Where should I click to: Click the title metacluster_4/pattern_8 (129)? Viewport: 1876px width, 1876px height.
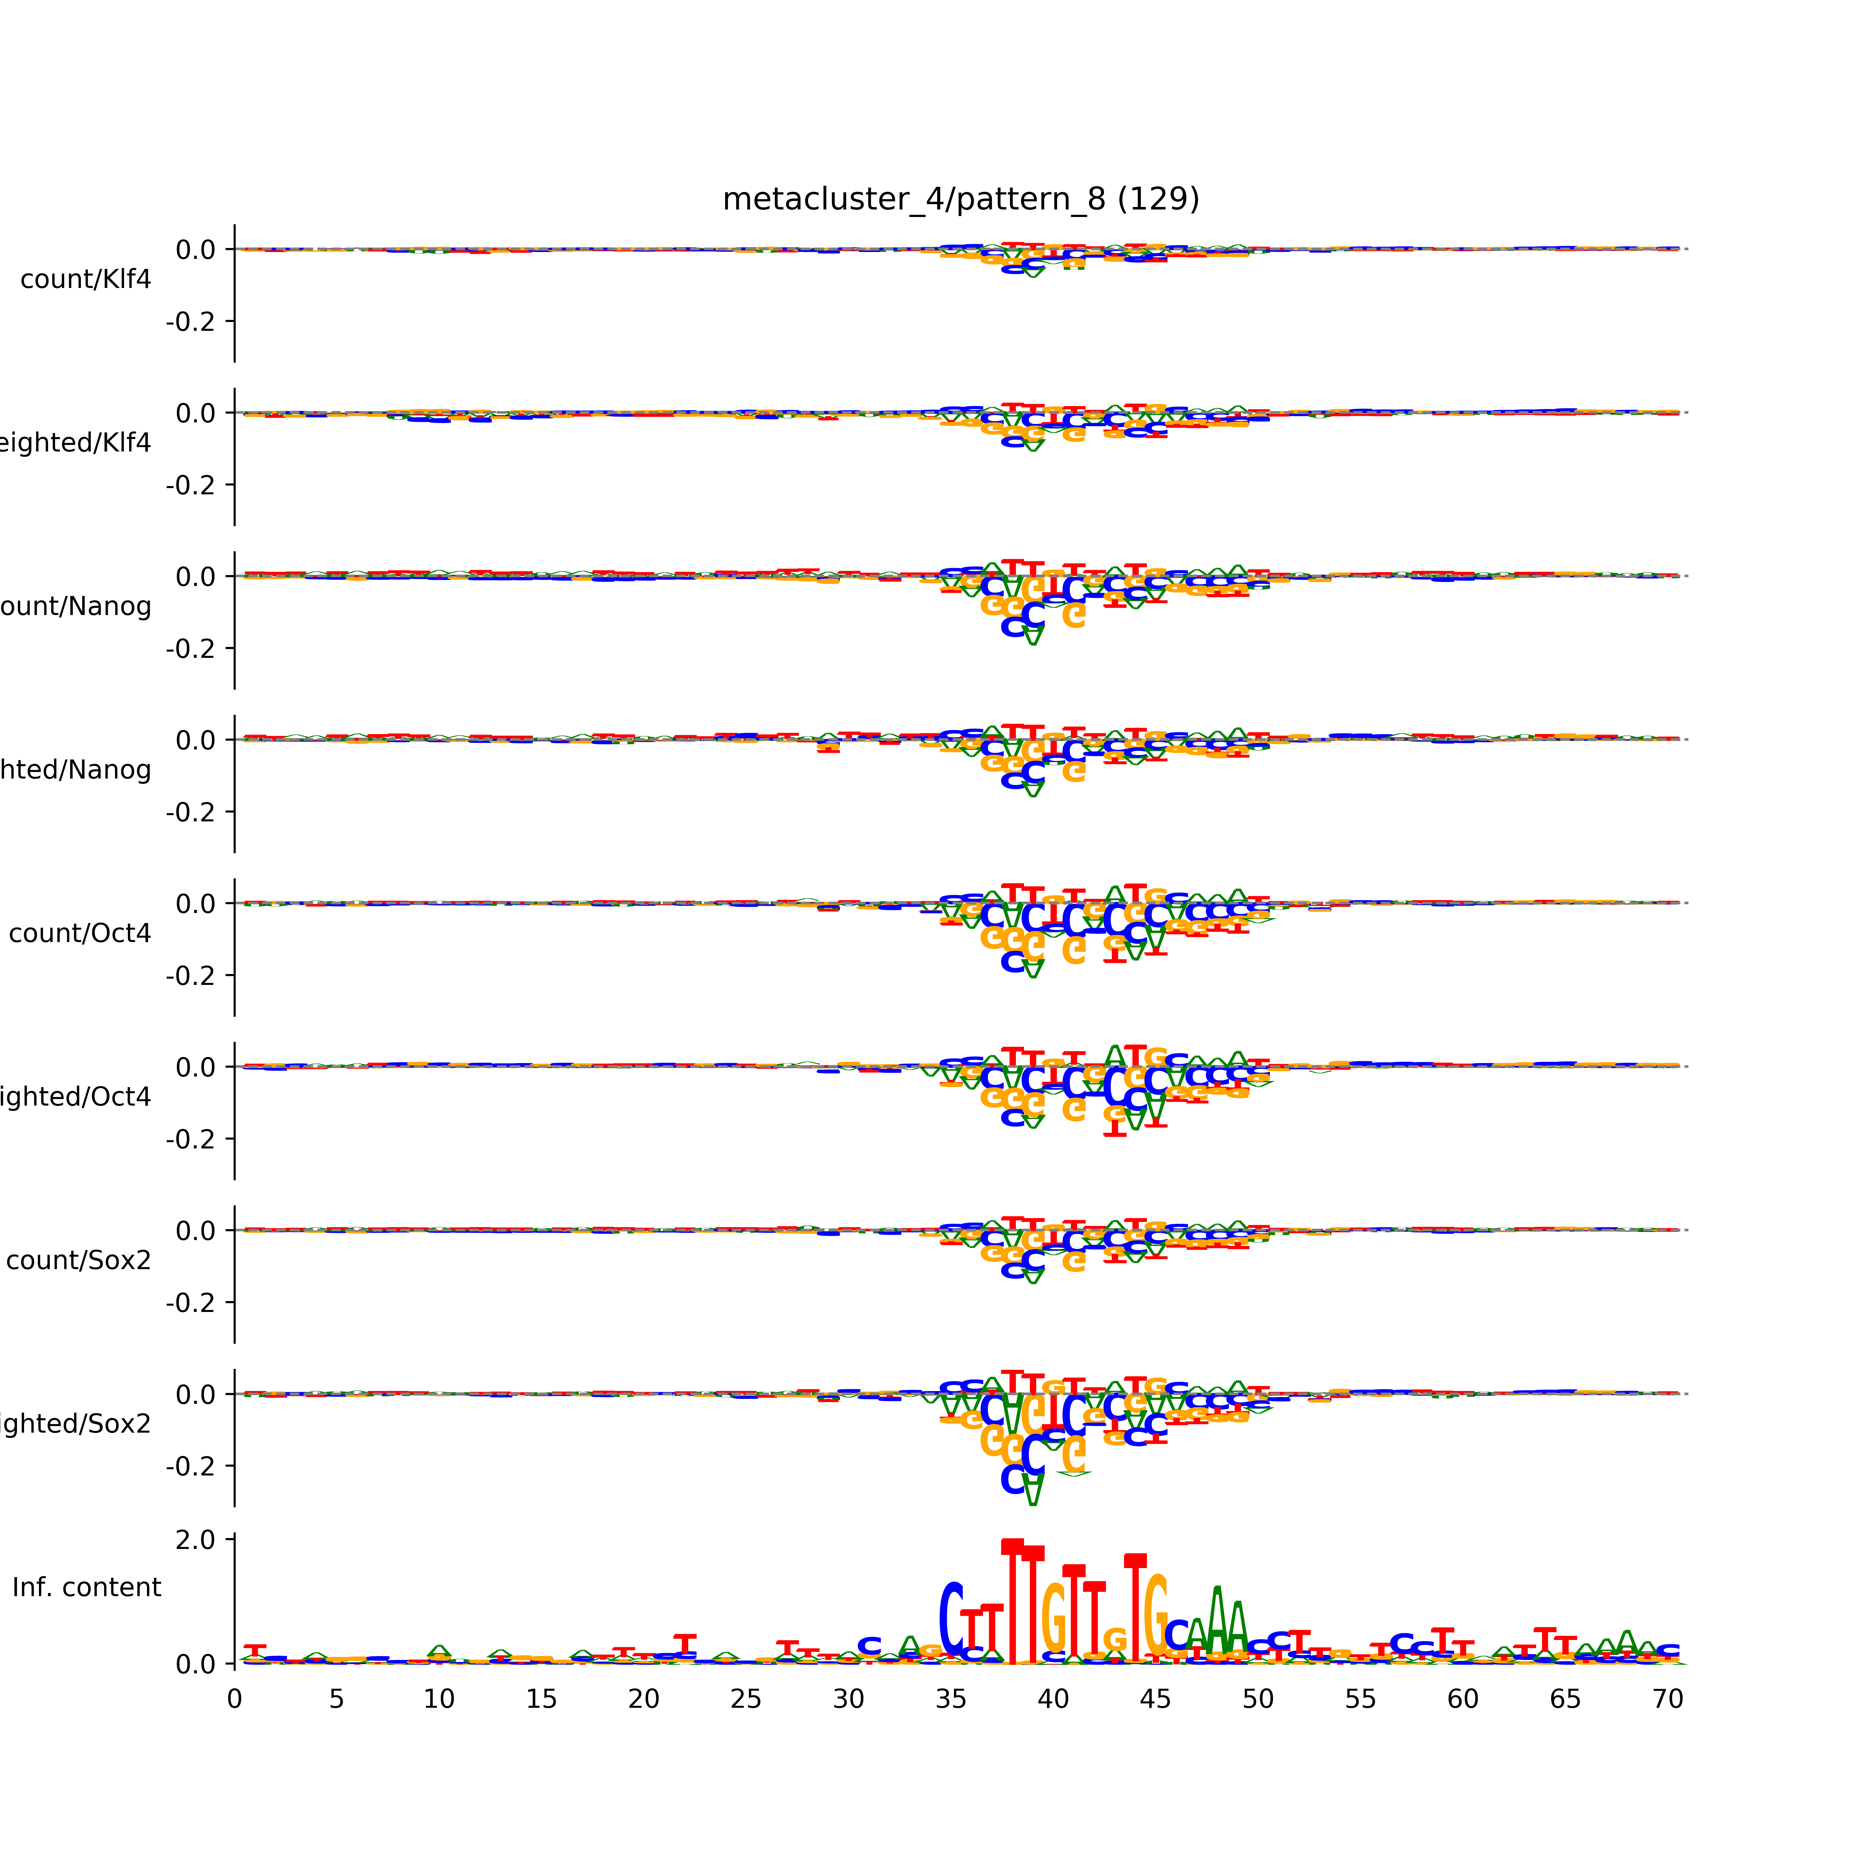[x=960, y=199]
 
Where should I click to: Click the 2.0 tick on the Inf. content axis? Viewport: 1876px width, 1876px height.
[x=196, y=1539]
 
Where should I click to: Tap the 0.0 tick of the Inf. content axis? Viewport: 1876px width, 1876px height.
[x=196, y=1664]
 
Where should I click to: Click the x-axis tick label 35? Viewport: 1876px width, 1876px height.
[x=951, y=1699]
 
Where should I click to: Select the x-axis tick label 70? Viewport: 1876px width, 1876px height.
[x=1667, y=1699]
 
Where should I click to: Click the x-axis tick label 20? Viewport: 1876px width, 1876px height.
[x=644, y=1699]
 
